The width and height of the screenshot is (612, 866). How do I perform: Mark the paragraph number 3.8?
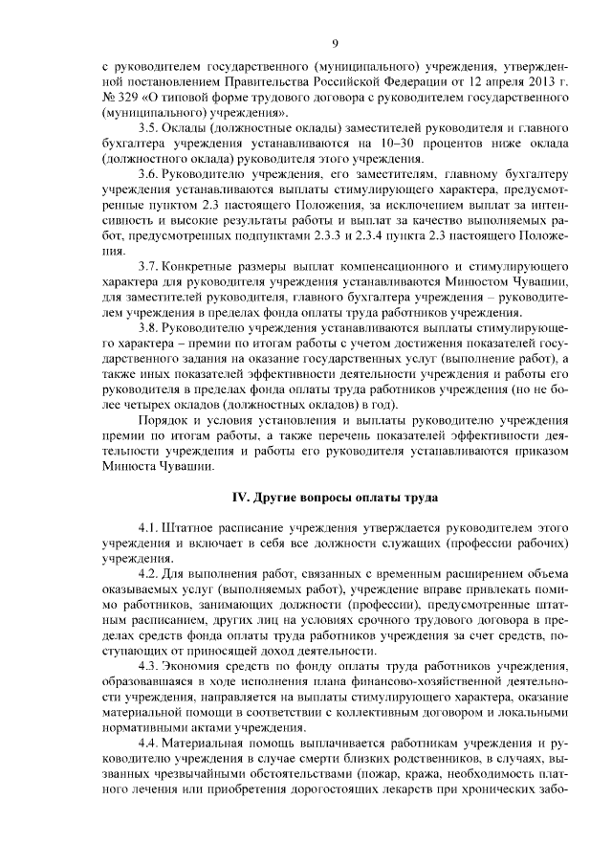click(148, 327)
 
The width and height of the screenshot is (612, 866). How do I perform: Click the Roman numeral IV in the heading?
click(243, 495)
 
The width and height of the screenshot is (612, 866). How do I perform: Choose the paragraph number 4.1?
click(148, 527)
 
